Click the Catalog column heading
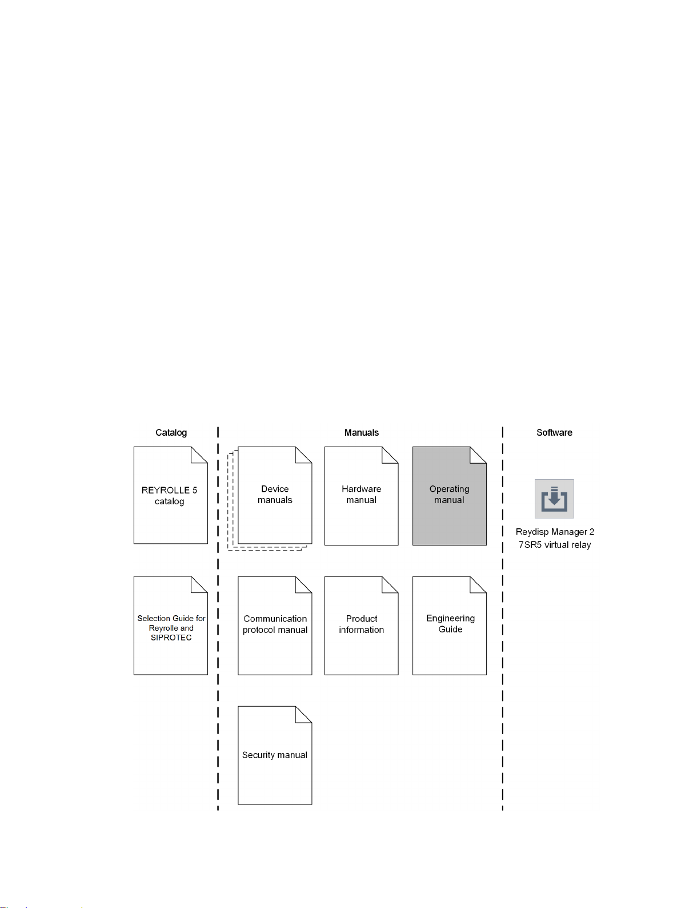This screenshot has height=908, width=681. tap(171, 433)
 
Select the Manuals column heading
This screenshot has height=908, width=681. tap(362, 433)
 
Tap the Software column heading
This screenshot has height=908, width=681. tap(554, 433)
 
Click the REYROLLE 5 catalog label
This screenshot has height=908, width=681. tap(170, 496)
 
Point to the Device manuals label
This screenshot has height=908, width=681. tap(275, 495)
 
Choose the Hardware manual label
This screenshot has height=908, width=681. tap(362, 495)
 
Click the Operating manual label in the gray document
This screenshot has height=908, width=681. tap(449, 495)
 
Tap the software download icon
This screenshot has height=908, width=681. tap(554, 499)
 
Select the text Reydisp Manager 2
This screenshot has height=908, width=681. tap(555, 532)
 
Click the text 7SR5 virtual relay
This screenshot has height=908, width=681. tap(555, 545)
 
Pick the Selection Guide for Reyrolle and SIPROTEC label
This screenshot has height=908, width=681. tap(171, 628)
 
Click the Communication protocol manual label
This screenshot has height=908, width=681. tap(275, 624)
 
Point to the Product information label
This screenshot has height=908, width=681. tap(362, 624)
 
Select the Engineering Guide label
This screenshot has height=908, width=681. tap(450, 624)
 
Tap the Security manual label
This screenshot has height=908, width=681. tap(275, 755)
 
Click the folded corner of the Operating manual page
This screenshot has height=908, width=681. tap(478, 455)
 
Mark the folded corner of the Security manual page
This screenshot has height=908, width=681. tap(303, 714)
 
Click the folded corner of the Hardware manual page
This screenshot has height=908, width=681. tap(390, 455)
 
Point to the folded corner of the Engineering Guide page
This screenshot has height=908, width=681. tap(478, 585)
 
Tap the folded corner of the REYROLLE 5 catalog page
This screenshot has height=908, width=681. tap(199, 455)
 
